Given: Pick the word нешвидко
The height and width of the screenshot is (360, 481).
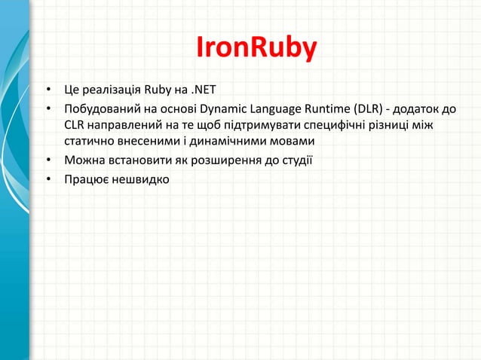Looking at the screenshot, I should coord(141,178).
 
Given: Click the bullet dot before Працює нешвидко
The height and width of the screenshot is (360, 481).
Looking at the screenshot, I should coord(47,178).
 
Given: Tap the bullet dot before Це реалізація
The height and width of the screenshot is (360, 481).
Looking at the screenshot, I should coord(47,93).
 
